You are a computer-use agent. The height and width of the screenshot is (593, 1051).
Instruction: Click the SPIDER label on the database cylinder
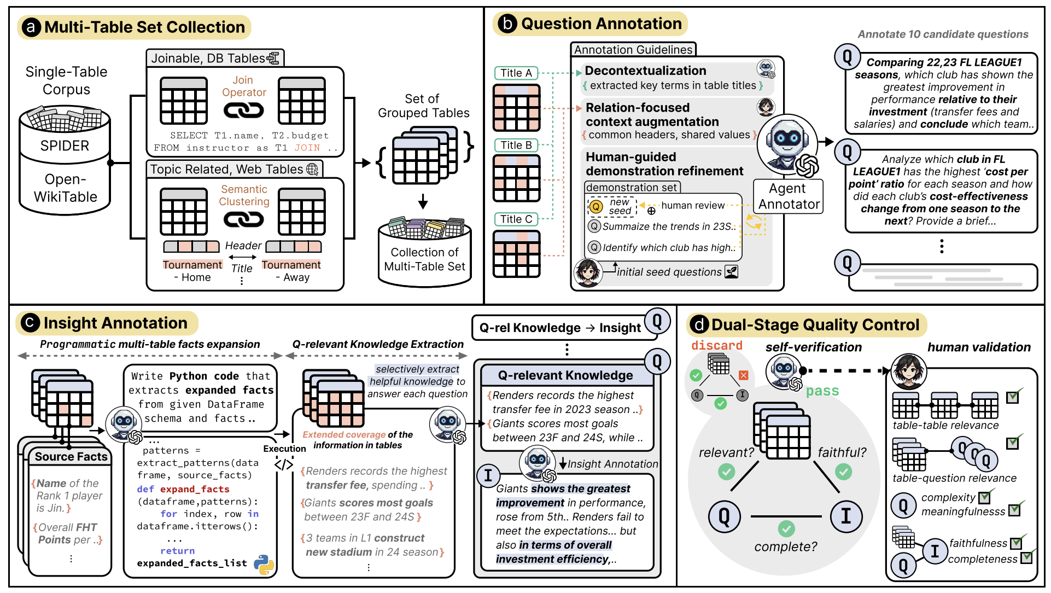pos(65,146)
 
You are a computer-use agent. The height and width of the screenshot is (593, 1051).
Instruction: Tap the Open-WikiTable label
pos(66,188)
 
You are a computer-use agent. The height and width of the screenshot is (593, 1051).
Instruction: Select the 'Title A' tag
pos(516,73)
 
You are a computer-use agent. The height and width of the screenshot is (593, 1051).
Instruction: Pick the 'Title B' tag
pos(516,145)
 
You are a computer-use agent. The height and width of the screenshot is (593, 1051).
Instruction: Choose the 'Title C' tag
pos(516,219)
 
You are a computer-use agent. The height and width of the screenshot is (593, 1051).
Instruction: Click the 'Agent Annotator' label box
pos(789,196)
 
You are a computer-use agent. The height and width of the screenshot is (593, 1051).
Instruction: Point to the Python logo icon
pos(264,565)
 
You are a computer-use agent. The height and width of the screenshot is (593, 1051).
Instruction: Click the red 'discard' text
pos(717,346)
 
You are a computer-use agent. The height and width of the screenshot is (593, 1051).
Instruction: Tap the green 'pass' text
pos(822,391)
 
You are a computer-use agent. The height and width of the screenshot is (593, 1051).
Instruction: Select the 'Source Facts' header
pos(71,456)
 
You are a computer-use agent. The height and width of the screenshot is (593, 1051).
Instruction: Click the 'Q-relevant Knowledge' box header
pos(566,375)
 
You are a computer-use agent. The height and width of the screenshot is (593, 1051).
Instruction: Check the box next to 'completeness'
pos(1026,557)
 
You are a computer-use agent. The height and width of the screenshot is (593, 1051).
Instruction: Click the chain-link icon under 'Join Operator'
pos(244,111)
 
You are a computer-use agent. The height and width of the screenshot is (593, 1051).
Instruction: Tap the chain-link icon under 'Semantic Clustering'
pos(244,219)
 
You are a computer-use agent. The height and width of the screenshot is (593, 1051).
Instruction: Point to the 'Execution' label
pos(284,449)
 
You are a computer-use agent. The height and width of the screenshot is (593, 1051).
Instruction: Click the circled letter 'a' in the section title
pos(31,27)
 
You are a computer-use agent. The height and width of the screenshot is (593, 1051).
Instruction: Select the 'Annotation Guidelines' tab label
pos(633,50)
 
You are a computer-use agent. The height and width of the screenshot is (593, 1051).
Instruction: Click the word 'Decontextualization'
pos(645,71)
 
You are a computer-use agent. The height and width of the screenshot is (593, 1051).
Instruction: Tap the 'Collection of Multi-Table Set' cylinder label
pos(424,259)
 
